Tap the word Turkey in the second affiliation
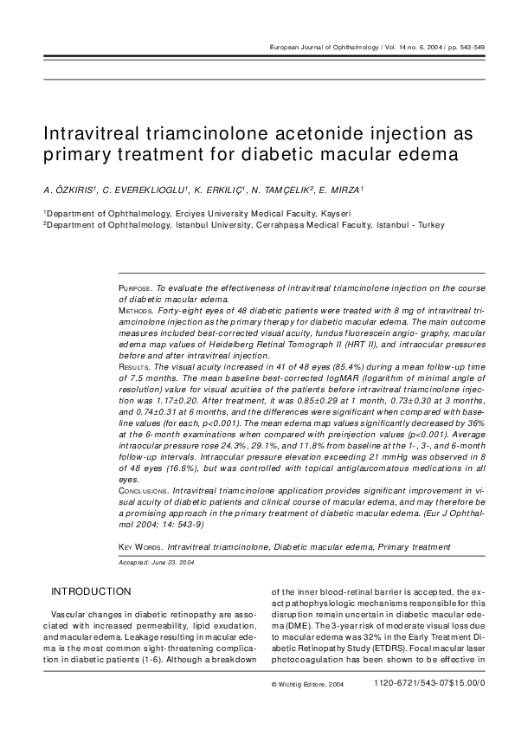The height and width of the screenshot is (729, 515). [x=405, y=225]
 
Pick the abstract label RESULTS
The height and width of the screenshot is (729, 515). [x=133, y=367]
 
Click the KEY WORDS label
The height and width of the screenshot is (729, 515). [x=139, y=547]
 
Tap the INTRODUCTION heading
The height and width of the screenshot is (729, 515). [x=91, y=592]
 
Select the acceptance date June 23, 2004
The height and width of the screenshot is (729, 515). [x=170, y=562]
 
